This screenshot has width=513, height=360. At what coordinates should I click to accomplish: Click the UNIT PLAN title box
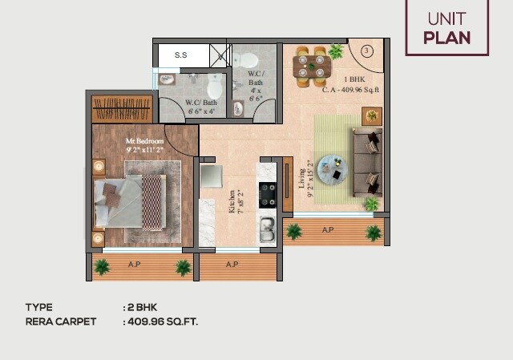(446, 28)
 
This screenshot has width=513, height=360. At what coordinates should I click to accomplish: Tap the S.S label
(182, 55)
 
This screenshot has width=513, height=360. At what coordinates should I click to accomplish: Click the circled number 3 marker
(367, 51)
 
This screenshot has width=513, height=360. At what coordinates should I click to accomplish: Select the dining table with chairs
(309, 66)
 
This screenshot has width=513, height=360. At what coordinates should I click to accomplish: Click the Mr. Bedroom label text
(144, 144)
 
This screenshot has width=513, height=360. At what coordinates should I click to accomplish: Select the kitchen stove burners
(267, 193)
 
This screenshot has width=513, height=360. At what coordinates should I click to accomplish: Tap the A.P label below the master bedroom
(135, 263)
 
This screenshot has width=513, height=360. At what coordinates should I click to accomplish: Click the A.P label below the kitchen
(232, 263)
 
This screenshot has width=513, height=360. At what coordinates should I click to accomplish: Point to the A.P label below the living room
(328, 230)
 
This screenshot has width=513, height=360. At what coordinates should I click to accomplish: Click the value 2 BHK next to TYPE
(140, 307)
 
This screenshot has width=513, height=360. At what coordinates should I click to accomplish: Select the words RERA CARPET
(61, 322)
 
